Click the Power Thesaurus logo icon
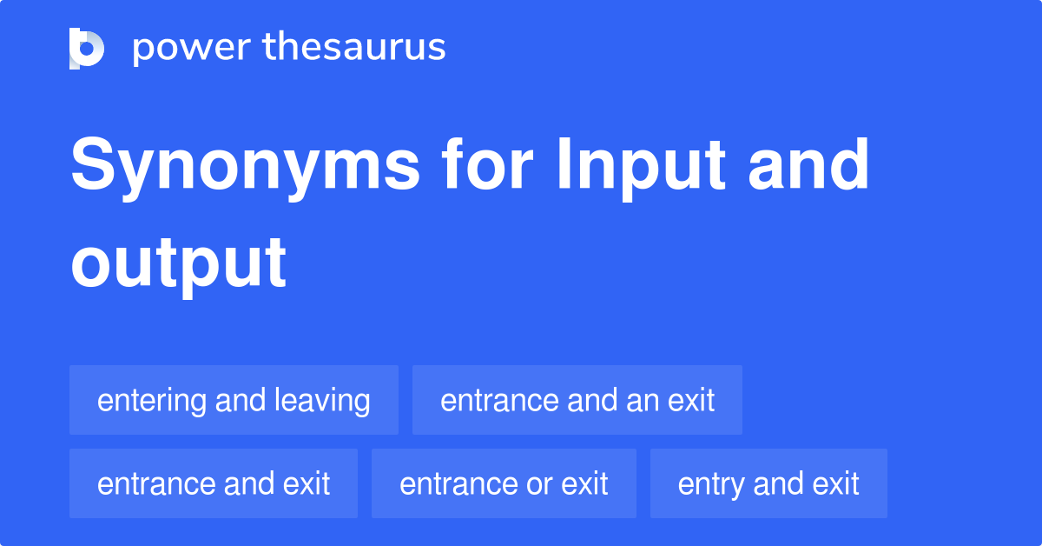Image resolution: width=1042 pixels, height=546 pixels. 87,48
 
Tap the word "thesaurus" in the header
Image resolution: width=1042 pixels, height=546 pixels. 354,48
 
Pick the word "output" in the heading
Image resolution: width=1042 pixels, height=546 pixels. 178,263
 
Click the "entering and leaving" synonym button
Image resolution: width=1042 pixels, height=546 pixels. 234,401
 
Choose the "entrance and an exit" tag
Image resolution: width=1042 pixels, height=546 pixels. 577,401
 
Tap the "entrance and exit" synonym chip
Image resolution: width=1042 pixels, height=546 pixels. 214,483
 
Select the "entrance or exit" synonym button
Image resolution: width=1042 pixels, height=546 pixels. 504,483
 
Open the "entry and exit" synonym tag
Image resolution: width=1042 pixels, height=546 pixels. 768,483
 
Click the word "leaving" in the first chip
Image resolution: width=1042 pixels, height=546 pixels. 322,401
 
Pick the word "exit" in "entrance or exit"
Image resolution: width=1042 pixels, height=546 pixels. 584,483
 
